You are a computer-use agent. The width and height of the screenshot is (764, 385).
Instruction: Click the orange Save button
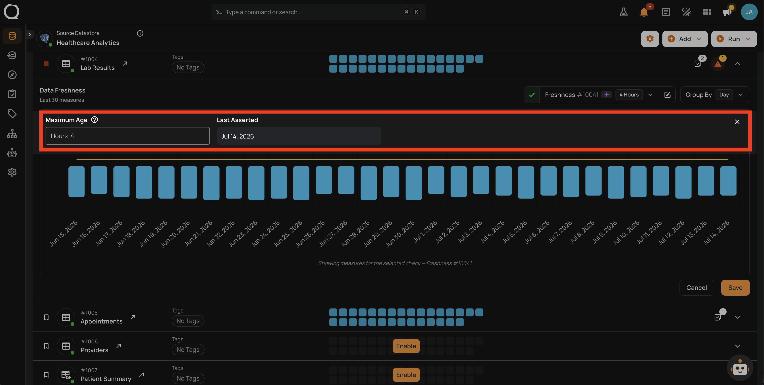tap(735, 287)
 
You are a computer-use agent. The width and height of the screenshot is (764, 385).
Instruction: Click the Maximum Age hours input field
tap(127, 136)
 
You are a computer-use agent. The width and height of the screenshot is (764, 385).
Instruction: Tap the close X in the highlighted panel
tap(737, 122)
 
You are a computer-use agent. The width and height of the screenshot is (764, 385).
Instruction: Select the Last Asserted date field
tap(299, 136)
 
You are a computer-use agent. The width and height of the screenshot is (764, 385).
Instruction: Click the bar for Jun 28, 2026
tap(369, 183)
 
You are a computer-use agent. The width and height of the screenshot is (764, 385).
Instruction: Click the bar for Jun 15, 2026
tap(77, 181)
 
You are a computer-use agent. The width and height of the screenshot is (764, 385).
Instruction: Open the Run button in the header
tap(734, 39)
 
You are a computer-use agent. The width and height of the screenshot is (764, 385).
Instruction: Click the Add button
tap(685, 39)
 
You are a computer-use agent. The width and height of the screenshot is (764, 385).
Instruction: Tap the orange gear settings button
tap(650, 39)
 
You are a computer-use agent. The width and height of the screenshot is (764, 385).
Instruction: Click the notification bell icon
tap(644, 12)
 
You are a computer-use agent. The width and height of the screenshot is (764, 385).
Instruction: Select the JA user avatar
tap(749, 12)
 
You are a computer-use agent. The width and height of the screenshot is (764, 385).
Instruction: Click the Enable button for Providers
tap(406, 346)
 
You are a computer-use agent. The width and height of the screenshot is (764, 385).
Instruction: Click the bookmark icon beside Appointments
tap(46, 317)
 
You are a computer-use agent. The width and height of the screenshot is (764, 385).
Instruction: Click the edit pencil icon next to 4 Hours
tap(667, 95)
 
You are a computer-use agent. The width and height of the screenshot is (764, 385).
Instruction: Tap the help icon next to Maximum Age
tap(94, 119)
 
